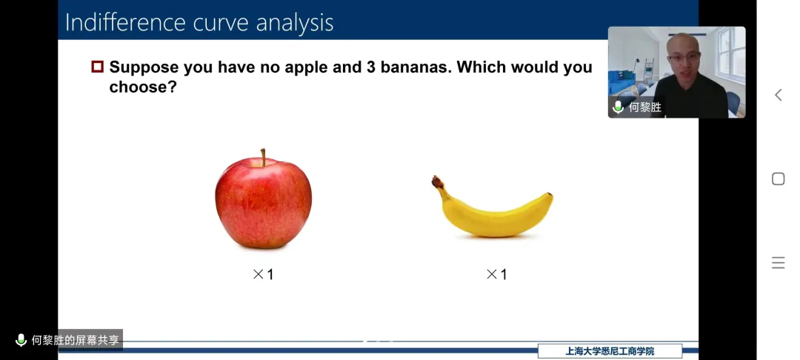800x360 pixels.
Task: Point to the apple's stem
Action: [263, 158]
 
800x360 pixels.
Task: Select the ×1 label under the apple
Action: [263, 274]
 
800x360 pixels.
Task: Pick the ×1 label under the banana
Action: [496, 274]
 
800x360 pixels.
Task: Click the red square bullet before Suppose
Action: [98, 67]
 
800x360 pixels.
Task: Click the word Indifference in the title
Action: [125, 22]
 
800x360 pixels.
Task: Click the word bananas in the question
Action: [416, 67]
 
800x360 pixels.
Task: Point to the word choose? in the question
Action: [143, 87]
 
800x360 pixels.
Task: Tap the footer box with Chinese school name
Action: [610, 351]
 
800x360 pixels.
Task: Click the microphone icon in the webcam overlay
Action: [618, 107]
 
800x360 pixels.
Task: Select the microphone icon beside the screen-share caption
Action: [21, 340]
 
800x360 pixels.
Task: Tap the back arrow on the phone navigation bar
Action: [778, 95]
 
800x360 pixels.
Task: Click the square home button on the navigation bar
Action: [778, 179]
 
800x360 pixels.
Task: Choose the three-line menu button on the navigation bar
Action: [778, 263]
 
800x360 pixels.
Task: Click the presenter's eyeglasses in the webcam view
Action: [683, 56]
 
